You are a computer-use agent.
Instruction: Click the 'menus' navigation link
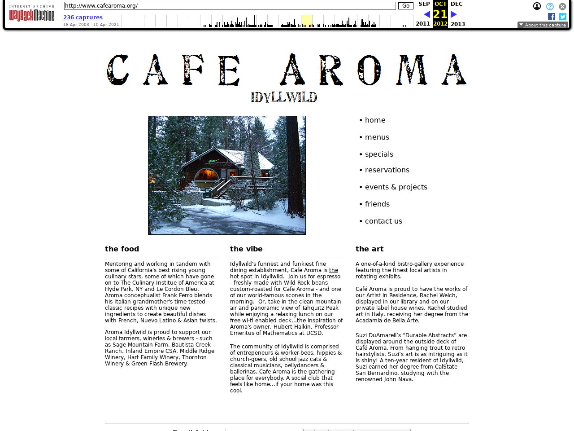377,137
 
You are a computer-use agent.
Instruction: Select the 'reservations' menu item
387,170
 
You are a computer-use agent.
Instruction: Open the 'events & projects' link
396,187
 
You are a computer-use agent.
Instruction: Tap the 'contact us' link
383,221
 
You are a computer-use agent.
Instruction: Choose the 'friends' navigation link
377,204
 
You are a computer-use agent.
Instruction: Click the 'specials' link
378,154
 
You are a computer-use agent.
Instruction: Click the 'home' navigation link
375,120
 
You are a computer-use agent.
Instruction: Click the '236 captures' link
83,18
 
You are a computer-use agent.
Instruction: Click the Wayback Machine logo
31,14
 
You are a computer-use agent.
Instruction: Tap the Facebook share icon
552,17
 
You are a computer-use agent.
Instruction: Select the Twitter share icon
563,17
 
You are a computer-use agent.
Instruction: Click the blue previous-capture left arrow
427,14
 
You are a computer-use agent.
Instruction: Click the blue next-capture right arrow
454,14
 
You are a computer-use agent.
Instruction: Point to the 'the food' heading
122,249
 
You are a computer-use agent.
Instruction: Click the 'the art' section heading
370,249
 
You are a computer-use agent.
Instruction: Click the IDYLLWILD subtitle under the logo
284,97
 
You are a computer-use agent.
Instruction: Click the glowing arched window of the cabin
206,174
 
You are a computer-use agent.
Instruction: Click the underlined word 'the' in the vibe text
334,270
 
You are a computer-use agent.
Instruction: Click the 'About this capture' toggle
543,25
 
